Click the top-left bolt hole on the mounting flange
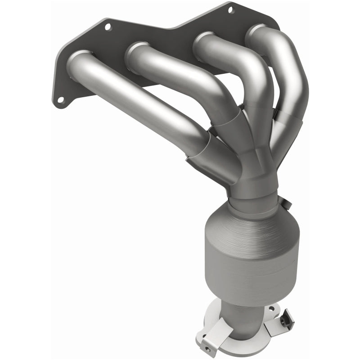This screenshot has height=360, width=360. tap(108, 27)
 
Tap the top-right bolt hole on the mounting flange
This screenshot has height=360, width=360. tap(230, 9)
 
